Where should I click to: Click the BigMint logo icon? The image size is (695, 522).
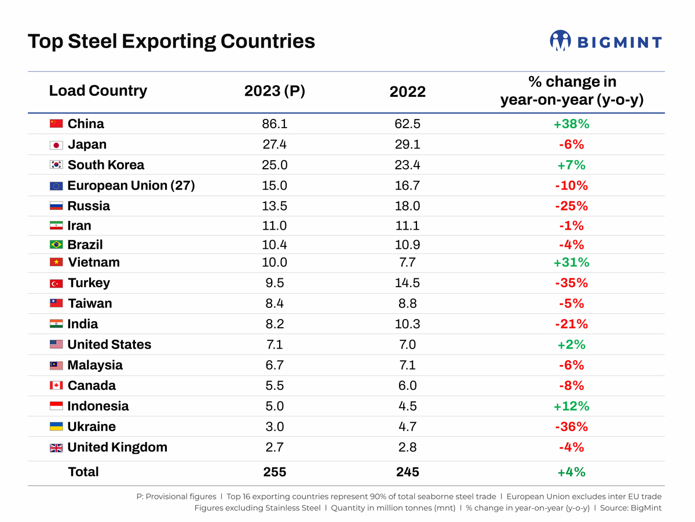560,41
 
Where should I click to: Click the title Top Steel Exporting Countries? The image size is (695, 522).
171,42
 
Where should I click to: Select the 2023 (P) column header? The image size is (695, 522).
275,91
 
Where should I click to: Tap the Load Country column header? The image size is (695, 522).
98,91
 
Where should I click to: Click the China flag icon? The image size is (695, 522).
56,124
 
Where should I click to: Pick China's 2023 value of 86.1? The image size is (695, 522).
275,124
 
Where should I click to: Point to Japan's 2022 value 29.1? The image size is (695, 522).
407,144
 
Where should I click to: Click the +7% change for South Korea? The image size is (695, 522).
571,165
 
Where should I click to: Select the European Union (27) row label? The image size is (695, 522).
131,186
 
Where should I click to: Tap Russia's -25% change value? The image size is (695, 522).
571,206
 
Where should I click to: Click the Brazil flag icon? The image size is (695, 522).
56,245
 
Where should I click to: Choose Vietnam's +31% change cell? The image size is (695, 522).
571,262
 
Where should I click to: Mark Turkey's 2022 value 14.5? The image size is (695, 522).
407,283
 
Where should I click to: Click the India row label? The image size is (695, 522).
83,324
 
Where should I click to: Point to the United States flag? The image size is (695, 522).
56,345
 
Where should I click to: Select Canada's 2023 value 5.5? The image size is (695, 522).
275,386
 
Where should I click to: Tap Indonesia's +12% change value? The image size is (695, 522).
571,406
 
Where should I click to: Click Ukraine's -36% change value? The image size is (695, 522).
571,427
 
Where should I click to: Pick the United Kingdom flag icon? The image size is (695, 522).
56,448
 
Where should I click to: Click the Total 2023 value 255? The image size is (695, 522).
275,472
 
